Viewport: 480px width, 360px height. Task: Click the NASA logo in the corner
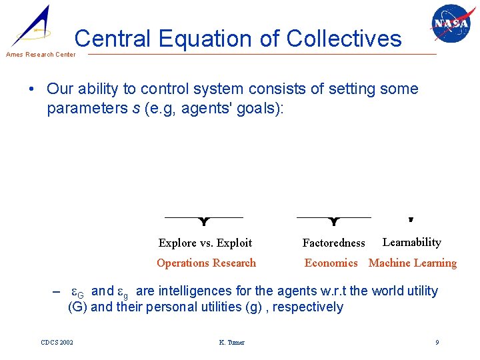(451, 25)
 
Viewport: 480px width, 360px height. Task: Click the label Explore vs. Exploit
(205, 243)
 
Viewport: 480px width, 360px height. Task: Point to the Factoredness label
(333, 243)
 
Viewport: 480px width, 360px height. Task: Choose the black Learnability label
(411, 243)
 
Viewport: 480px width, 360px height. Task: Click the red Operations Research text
(206, 263)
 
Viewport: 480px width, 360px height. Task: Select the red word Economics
(331, 263)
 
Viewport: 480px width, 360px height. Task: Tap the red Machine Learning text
(413, 263)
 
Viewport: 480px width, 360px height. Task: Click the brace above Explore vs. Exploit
(203, 220)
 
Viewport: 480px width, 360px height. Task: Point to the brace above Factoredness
(334, 220)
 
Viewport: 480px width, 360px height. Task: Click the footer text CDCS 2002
(57, 343)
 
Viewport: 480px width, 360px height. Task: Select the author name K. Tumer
(231, 343)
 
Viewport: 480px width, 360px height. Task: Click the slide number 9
(437, 343)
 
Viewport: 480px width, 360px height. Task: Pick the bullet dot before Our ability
(33, 90)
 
